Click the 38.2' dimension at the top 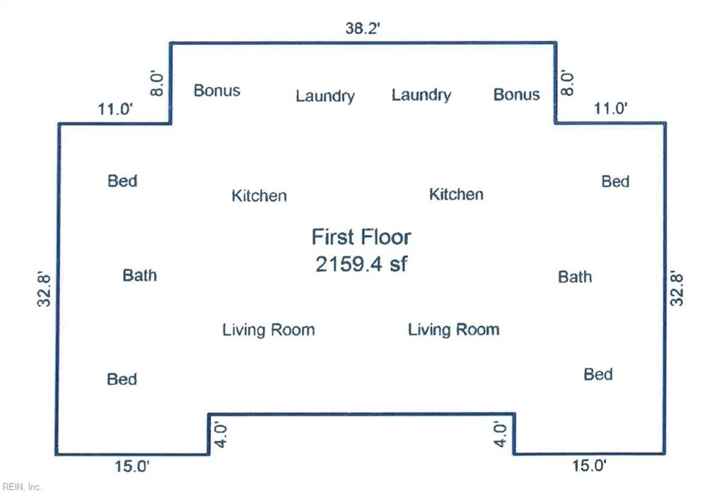pos(363,28)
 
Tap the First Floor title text pos(361,237)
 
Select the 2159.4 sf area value pos(361,264)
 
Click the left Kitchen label pos(259,196)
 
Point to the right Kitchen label pos(456,194)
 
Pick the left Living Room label pos(268,330)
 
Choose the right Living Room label pos(453,329)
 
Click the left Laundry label pos(325,96)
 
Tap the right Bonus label pos(516,95)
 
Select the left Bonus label pos(216,90)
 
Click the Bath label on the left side pos(139,276)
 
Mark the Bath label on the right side pos(575,277)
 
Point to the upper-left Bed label pos(122,181)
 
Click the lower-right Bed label pos(598,375)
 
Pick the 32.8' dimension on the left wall pos(44,289)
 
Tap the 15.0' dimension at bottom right pos(589,466)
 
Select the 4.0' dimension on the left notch pos(221,435)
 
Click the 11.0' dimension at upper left pos(115,110)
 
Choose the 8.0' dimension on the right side pos(567,83)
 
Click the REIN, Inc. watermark pos(22,486)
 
